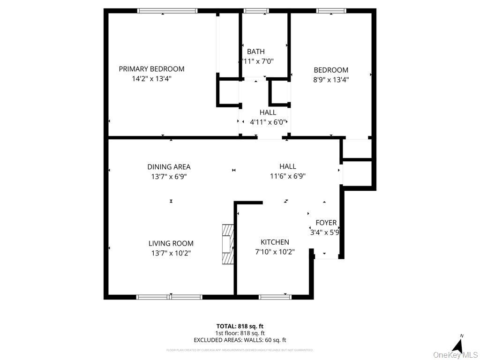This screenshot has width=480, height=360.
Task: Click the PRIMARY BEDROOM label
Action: click(x=151, y=69)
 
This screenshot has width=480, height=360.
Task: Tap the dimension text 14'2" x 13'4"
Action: click(x=151, y=79)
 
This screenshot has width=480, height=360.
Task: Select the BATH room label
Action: click(x=256, y=52)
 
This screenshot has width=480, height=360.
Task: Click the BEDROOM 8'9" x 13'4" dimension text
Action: click(x=331, y=80)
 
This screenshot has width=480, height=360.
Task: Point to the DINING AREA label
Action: click(x=169, y=167)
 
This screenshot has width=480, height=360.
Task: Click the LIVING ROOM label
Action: click(x=171, y=243)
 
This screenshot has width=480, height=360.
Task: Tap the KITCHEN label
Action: click(x=275, y=242)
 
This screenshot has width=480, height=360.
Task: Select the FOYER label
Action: click(x=326, y=223)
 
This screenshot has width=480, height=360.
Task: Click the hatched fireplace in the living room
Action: click(x=227, y=244)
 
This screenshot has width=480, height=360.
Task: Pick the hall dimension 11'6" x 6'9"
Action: click(x=287, y=177)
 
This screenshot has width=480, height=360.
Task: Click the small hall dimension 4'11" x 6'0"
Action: click(x=268, y=122)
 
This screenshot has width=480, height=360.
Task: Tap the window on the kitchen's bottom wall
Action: click(x=275, y=297)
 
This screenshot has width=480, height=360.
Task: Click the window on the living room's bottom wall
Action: click(x=169, y=297)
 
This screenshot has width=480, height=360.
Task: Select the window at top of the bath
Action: click(x=256, y=11)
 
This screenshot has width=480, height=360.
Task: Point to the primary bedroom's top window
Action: click(x=167, y=11)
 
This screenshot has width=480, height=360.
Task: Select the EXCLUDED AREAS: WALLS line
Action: click(x=240, y=340)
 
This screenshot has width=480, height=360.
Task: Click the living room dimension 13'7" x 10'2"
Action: click(x=171, y=253)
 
